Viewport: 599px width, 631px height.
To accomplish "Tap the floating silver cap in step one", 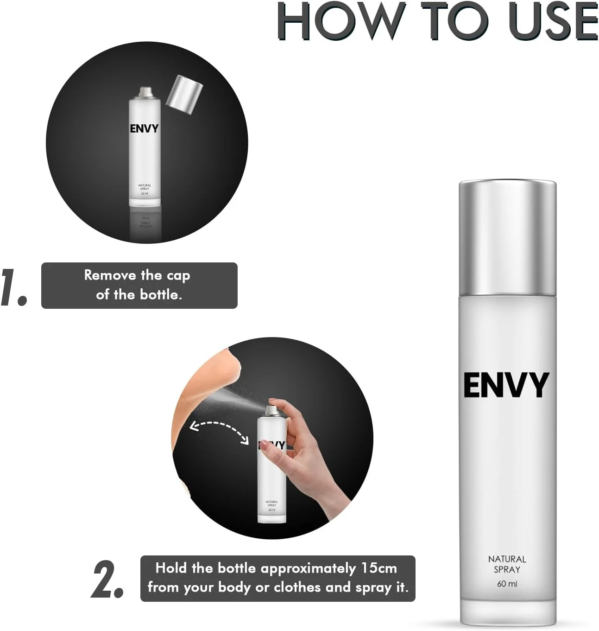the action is [184, 95].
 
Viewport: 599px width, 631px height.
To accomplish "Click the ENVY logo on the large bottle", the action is [506, 385].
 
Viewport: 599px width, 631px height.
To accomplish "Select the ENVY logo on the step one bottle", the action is [144, 129].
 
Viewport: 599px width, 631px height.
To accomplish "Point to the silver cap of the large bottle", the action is [508, 237].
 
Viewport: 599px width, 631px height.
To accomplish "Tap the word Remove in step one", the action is [110, 275].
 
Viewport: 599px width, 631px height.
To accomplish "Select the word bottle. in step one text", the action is [161, 295].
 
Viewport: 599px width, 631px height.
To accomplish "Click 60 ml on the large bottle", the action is [507, 584].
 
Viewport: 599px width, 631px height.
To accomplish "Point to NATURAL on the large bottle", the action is [507, 559].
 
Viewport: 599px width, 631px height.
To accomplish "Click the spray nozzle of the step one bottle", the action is [145, 92].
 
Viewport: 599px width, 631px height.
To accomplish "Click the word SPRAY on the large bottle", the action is [507, 570].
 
